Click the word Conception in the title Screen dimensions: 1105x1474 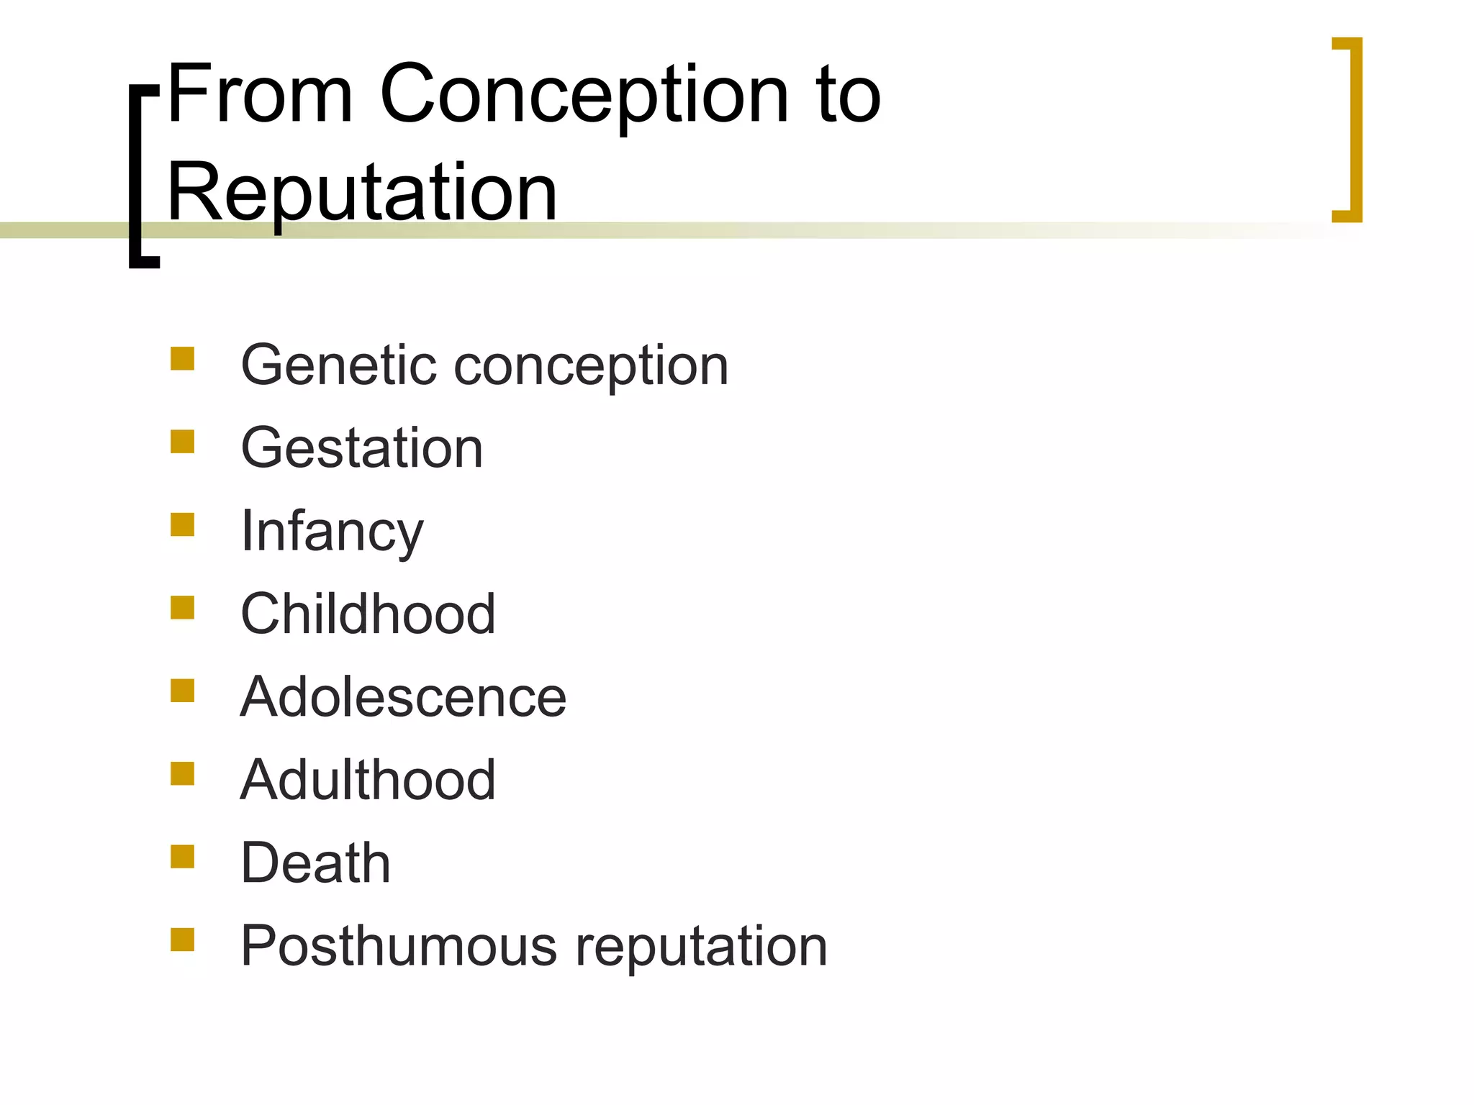pyautogui.click(x=584, y=96)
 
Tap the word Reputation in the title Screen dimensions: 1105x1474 pyautogui.click(x=362, y=193)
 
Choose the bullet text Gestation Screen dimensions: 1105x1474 pyautogui.click(x=361, y=448)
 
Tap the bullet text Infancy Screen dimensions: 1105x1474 pyautogui.click(x=332, y=532)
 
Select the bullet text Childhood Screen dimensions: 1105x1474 pyautogui.click(x=368, y=614)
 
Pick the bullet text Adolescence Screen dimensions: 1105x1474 pyautogui.click(x=403, y=697)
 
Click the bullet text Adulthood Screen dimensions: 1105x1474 pyautogui.click(x=368, y=780)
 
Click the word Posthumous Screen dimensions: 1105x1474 pyautogui.click(x=399, y=946)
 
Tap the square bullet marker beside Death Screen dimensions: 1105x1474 pyautogui.click(x=183, y=857)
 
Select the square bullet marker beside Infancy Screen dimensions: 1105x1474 pyautogui.click(x=183, y=524)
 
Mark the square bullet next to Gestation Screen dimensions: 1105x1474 pyautogui.click(x=183, y=442)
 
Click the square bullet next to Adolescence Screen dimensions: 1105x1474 pyautogui.click(x=183, y=691)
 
